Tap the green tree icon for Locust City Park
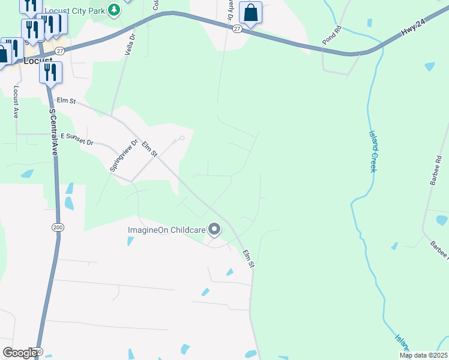(112, 10)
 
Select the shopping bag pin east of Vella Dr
(250, 13)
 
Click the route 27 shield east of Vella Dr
(237, 28)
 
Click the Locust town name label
(37, 61)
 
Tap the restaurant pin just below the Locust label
(50, 73)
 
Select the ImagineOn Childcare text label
(166, 229)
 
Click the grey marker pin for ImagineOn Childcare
(214, 229)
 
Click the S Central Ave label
(53, 133)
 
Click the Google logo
(20, 352)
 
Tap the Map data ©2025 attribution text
(423, 355)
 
